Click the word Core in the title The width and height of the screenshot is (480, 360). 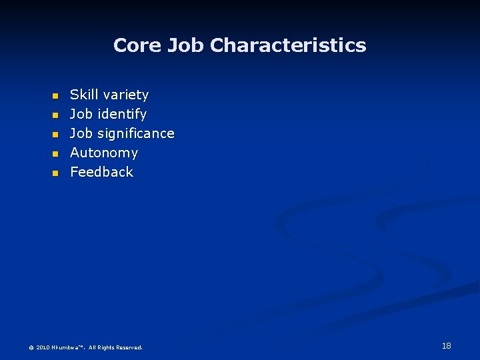coord(138,45)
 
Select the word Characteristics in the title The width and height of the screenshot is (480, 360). coord(288,45)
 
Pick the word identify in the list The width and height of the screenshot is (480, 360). coord(122,115)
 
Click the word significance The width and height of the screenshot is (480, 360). coord(136,134)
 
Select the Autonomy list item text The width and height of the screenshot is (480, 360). coord(104,153)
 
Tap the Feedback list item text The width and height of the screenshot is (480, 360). coord(101,172)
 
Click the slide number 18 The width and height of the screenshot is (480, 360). coord(446,345)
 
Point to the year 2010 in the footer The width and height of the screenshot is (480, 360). coord(43,347)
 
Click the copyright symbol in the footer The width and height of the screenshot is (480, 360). coord(31,347)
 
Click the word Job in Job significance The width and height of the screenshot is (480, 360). coord(81,134)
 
